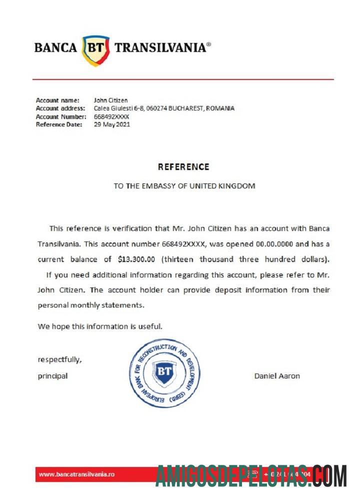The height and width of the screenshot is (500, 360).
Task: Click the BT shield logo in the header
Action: pyautogui.click(x=96, y=49)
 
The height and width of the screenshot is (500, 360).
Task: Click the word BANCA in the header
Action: pyautogui.click(x=55, y=48)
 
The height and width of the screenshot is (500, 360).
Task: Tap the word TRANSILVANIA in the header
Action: pyautogui.click(x=160, y=48)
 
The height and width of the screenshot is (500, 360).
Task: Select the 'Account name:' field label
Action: pyautogui.click(x=57, y=100)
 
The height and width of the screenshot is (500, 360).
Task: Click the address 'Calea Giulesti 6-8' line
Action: pyautogui.click(x=164, y=108)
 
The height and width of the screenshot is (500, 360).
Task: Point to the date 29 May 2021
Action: pyautogui.click(x=112, y=124)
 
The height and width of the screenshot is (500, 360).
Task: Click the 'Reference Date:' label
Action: pyautogui.click(x=59, y=124)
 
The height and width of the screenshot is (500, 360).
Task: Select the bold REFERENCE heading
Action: pyautogui.click(x=183, y=167)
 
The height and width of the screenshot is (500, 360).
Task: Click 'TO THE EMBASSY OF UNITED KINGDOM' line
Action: pyautogui.click(x=184, y=186)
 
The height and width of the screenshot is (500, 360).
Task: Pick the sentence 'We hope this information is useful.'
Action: pyautogui.click(x=100, y=326)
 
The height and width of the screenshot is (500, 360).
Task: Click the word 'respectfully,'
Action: pyautogui.click(x=59, y=359)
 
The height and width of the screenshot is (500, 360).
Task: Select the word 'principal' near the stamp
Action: pyautogui.click(x=52, y=376)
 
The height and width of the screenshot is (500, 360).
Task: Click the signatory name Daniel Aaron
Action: pyautogui.click(x=277, y=376)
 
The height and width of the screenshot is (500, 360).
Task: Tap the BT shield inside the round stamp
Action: pyautogui.click(x=164, y=372)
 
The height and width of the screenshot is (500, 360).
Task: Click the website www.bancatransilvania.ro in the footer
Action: pyautogui.click(x=76, y=474)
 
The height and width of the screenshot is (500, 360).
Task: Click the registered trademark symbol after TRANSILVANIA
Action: pyautogui.click(x=208, y=44)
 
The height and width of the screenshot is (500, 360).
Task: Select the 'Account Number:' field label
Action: pyautogui.click(x=60, y=116)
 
